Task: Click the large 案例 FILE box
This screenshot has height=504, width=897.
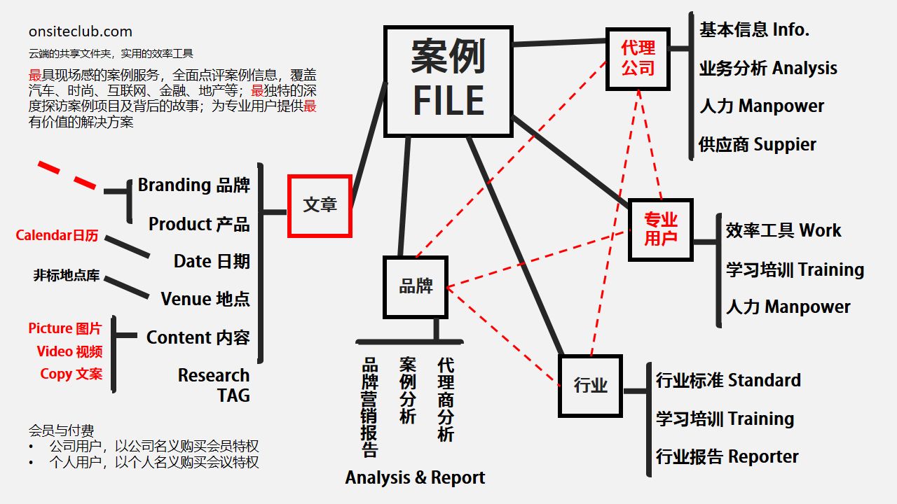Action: (448, 80)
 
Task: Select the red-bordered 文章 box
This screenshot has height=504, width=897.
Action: (320, 205)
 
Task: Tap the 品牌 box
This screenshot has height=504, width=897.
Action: (416, 286)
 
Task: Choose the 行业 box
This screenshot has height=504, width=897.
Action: (590, 385)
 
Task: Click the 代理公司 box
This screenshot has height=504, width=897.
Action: (638, 58)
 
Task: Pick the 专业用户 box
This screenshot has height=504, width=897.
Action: (660, 229)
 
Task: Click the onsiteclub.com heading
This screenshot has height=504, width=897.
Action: (81, 31)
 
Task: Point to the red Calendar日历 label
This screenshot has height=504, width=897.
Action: (57, 235)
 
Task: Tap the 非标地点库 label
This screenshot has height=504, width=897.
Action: (67, 275)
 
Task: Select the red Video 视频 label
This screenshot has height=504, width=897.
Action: (69, 351)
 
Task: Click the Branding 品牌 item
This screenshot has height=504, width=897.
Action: (193, 185)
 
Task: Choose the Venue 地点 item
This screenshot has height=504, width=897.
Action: (205, 299)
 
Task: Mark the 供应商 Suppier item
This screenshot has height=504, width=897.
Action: (758, 145)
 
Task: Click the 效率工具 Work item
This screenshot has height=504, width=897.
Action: (783, 230)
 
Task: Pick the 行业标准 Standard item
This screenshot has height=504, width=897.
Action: (728, 380)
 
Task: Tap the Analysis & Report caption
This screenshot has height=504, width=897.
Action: (415, 477)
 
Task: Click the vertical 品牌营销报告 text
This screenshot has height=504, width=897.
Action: (369, 407)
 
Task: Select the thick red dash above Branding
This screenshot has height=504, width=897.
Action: (67, 175)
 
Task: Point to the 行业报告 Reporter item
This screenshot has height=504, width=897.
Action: (727, 456)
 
